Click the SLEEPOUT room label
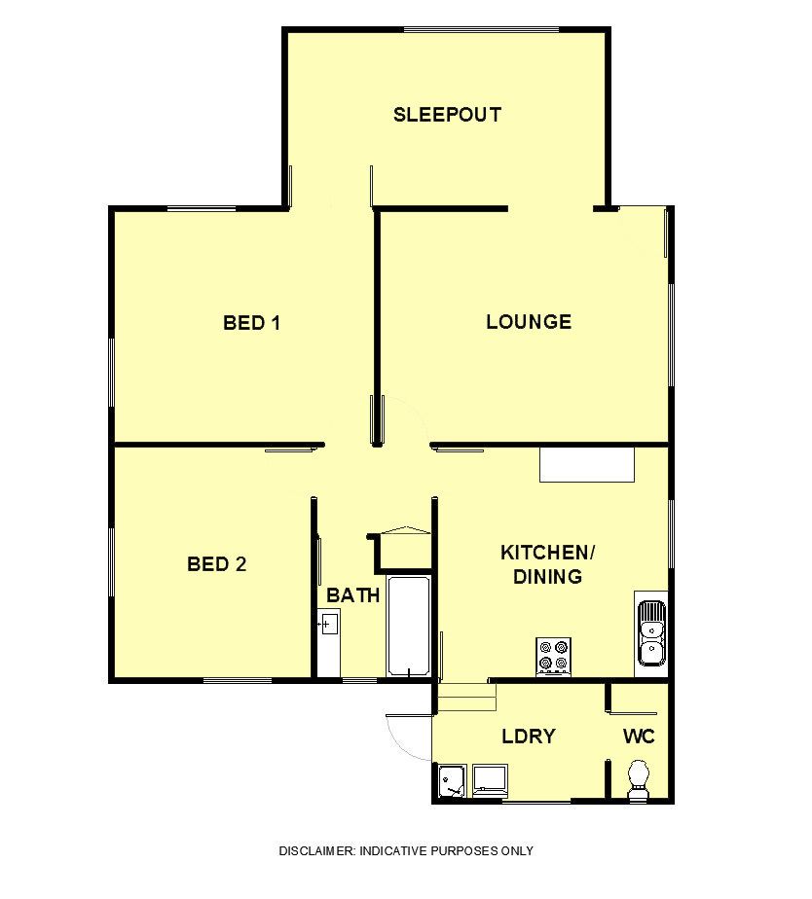[447, 115]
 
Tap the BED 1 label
[251, 323]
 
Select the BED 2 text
[217, 564]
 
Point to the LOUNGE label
[529, 322]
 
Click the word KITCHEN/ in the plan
[548, 553]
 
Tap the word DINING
[547, 576]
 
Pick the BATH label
[352, 595]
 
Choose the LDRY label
[529, 737]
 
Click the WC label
[639, 737]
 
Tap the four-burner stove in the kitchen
[553, 657]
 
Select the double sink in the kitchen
[651, 633]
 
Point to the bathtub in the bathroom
[408, 627]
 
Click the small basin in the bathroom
[328, 624]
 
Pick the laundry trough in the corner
[452, 780]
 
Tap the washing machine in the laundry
[490, 780]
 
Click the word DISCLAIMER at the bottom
[316, 850]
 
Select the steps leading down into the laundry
[466, 698]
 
